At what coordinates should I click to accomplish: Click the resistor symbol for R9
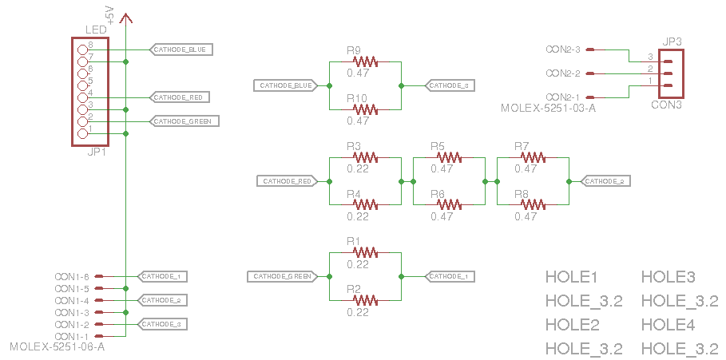pos(365,61)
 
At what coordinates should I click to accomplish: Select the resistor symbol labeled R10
pos(365,109)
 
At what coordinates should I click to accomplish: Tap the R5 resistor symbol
pos(448,157)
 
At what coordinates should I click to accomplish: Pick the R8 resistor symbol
pos(533,204)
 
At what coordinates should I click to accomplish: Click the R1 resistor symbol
pos(365,252)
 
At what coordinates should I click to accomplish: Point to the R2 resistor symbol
pos(365,300)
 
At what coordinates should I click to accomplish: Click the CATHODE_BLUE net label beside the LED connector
pos(181,49)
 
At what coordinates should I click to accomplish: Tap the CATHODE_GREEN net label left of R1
pos(281,276)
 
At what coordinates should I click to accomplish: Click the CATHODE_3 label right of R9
pos(451,85)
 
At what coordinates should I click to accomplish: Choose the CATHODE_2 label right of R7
pos(605,181)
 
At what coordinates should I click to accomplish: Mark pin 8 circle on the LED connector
pos(82,49)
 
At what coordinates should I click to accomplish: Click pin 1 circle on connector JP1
pos(82,133)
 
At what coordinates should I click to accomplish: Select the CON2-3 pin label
pos(562,49)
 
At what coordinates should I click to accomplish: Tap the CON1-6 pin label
pos(71,277)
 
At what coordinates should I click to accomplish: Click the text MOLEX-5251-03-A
pos(547,107)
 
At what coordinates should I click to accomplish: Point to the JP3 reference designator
pos(671,41)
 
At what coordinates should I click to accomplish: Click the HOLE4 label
pos(668,325)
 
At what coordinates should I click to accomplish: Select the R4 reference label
pos(354,194)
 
